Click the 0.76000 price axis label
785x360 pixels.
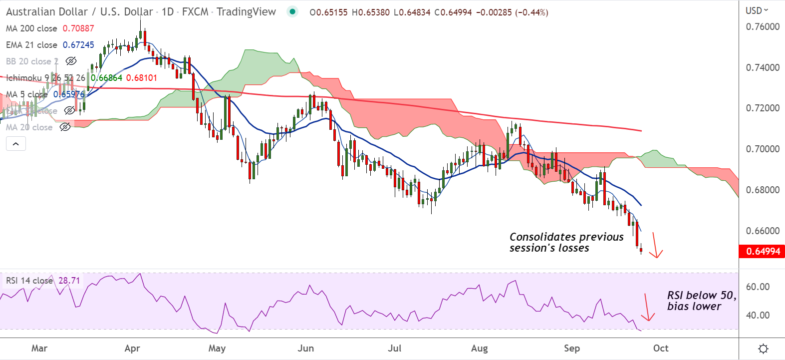point(762,27)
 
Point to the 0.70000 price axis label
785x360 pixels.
point(762,149)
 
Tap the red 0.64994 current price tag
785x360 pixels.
point(763,252)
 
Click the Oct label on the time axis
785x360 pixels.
point(661,349)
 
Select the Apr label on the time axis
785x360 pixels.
point(132,349)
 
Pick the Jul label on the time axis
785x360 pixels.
point(395,349)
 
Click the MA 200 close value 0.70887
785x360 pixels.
point(78,28)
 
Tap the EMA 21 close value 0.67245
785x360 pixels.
point(78,45)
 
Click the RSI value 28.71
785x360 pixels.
point(69,281)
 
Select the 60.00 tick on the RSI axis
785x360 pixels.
point(758,287)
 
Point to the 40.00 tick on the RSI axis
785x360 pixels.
point(758,316)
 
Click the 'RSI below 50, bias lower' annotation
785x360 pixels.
point(701,301)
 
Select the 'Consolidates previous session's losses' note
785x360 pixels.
point(566,242)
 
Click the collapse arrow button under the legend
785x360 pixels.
point(16,144)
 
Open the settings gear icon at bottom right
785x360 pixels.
point(763,349)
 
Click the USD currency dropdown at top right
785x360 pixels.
point(757,10)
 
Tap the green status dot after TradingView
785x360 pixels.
point(292,11)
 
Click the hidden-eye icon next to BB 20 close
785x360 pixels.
point(71,61)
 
